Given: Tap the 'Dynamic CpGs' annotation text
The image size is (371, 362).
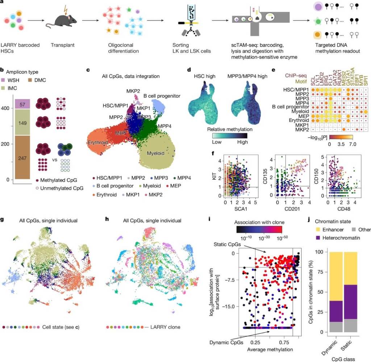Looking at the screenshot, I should pos(223,341).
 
